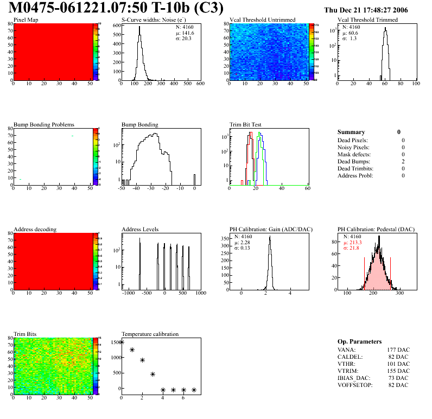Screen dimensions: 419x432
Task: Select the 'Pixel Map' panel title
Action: tap(26, 20)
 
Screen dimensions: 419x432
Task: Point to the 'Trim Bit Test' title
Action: tap(246, 125)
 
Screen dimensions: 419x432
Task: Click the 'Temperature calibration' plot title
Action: tap(150, 334)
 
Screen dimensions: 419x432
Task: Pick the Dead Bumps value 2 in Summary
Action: tap(403, 161)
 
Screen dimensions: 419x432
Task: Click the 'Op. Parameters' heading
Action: tap(359, 341)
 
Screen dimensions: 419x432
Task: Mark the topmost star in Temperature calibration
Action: tap(122, 342)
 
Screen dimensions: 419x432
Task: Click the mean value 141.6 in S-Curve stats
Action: tap(188, 33)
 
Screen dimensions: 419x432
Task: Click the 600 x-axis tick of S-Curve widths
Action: tap(200, 84)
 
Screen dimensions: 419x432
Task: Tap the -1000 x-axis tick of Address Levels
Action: tap(129, 293)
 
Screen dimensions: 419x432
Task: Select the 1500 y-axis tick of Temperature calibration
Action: tap(115, 342)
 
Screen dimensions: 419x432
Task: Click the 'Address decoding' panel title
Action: tap(35, 230)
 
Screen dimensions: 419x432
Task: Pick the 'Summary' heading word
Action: tap(351, 132)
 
